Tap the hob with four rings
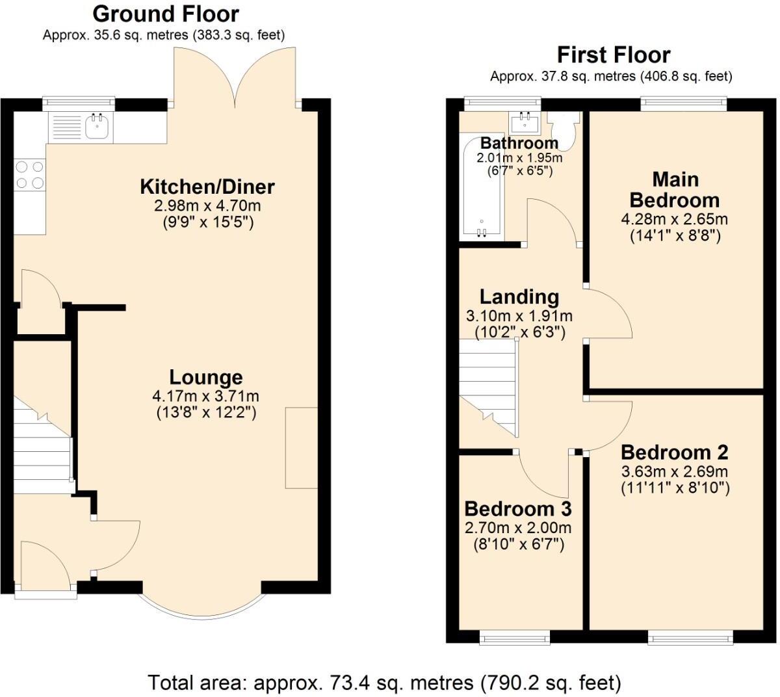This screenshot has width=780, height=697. point(30,174)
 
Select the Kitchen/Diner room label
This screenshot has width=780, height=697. point(207,187)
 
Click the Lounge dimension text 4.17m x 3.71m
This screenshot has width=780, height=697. point(205,396)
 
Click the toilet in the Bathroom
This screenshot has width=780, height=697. point(563,131)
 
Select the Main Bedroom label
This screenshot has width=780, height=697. point(675,189)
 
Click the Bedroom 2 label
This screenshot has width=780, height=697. point(674,452)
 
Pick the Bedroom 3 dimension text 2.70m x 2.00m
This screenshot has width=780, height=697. point(518,528)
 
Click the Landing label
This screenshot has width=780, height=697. point(519,297)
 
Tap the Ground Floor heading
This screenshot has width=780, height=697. point(166,14)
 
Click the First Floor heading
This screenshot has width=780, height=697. point(614,55)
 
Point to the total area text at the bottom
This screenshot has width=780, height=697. point(384,683)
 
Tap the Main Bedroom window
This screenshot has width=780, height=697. point(683,102)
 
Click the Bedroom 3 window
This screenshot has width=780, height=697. point(515,638)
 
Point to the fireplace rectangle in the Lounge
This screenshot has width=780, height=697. point(302,447)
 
